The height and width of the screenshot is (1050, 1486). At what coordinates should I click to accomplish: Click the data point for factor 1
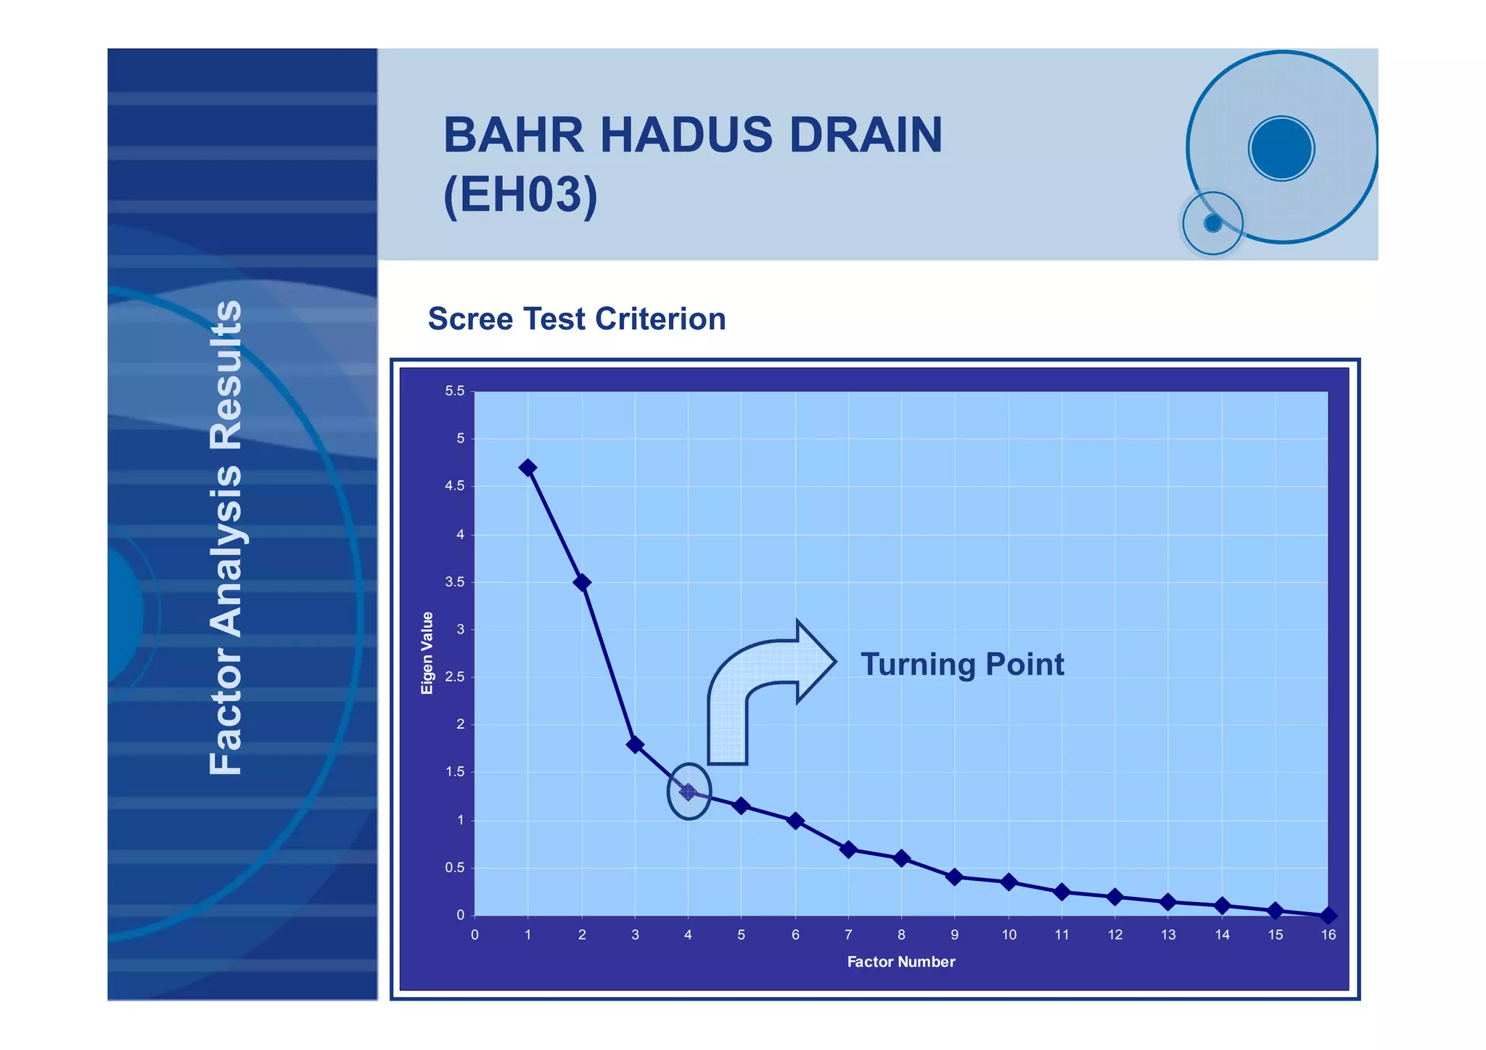[528, 468]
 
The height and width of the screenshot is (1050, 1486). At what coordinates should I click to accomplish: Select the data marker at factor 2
[581, 583]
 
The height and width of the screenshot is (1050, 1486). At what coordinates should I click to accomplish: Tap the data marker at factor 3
[635, 745]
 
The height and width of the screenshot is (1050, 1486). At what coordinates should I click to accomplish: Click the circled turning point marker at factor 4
[688, 792]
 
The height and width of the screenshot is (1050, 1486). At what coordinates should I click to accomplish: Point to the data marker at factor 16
[1328, 916]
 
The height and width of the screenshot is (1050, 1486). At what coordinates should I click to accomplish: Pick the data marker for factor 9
[955, 877]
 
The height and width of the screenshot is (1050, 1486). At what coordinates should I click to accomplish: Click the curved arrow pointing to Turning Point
[762, 689]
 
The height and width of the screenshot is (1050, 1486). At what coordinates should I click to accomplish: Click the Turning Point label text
[962, 665]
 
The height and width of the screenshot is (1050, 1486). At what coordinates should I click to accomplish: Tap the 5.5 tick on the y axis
[455, 391]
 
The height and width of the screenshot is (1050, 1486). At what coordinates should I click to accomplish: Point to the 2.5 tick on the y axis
[455, 677]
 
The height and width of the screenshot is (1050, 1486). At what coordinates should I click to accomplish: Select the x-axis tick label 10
[1009, 935]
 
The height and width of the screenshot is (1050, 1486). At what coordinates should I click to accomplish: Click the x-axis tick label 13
[1168, 935]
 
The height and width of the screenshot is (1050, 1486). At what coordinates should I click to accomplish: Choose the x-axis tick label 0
[475, 935]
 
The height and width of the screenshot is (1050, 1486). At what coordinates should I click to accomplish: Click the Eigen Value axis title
[427, 653]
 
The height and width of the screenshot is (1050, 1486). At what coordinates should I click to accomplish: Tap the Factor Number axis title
[901, 962]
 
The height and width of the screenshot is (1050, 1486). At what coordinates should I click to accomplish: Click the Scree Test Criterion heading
[577, 319]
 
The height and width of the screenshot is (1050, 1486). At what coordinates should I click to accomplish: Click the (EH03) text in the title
[520, 195]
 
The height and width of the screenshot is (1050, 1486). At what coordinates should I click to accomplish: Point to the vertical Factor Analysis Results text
[226, 537]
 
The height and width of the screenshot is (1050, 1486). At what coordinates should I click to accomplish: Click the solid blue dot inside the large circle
[1281, 149]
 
